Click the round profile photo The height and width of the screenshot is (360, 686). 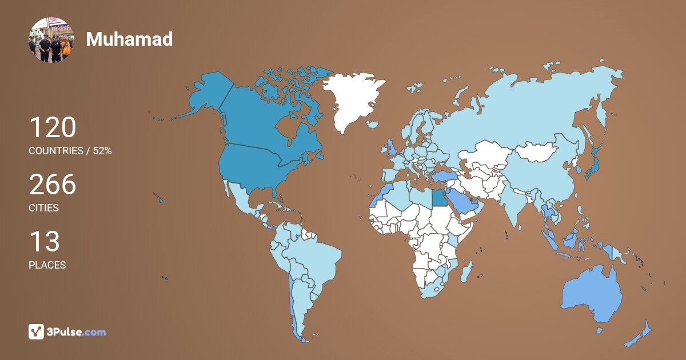tap(51, 39)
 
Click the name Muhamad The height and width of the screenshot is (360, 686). tap(129, 39)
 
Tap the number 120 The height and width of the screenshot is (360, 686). tap(53, 127)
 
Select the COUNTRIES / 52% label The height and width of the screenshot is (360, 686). tap(70, 151)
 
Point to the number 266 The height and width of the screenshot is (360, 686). tap(53, 185)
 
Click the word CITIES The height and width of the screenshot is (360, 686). tap(44, 208)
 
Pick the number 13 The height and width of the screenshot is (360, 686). tap(44, 242)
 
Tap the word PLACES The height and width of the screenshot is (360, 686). tap(47, 265)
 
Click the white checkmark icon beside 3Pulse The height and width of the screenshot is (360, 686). tap(37, 331)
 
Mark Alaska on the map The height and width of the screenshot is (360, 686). tap(206, 94)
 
